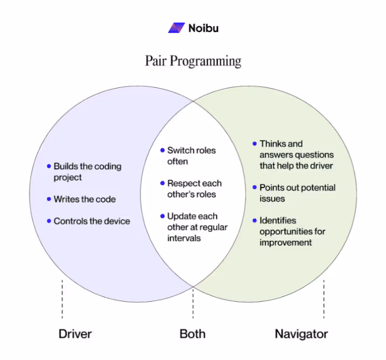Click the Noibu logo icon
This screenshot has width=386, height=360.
coord(176,27)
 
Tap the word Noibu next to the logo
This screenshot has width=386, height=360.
coord(203,27)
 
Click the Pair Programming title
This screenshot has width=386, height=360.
coord(193,60)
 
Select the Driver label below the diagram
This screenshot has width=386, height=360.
coord(75,334)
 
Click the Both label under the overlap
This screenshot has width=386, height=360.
coord(192,334)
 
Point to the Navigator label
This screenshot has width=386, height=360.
coord(301,334)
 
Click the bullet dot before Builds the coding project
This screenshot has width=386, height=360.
coord(49,167)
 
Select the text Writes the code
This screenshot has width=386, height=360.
coord(85,199)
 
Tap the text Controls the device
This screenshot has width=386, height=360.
coord(92,221)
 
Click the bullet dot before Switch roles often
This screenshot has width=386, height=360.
coord(162,150)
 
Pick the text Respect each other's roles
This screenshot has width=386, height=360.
coord(194,189)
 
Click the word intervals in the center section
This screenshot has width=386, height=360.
coord(184,238)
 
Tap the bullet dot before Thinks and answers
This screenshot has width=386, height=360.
coord(255,144)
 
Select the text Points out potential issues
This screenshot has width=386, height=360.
coord(297,193)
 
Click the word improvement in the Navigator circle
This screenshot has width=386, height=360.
coord(286,242)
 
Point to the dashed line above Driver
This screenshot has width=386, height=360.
coord(62,299)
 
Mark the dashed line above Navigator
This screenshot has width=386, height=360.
coord(324,299)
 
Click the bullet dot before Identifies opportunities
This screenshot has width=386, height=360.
coord(255,220)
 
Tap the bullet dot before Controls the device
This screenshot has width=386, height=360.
coord(49,221)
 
